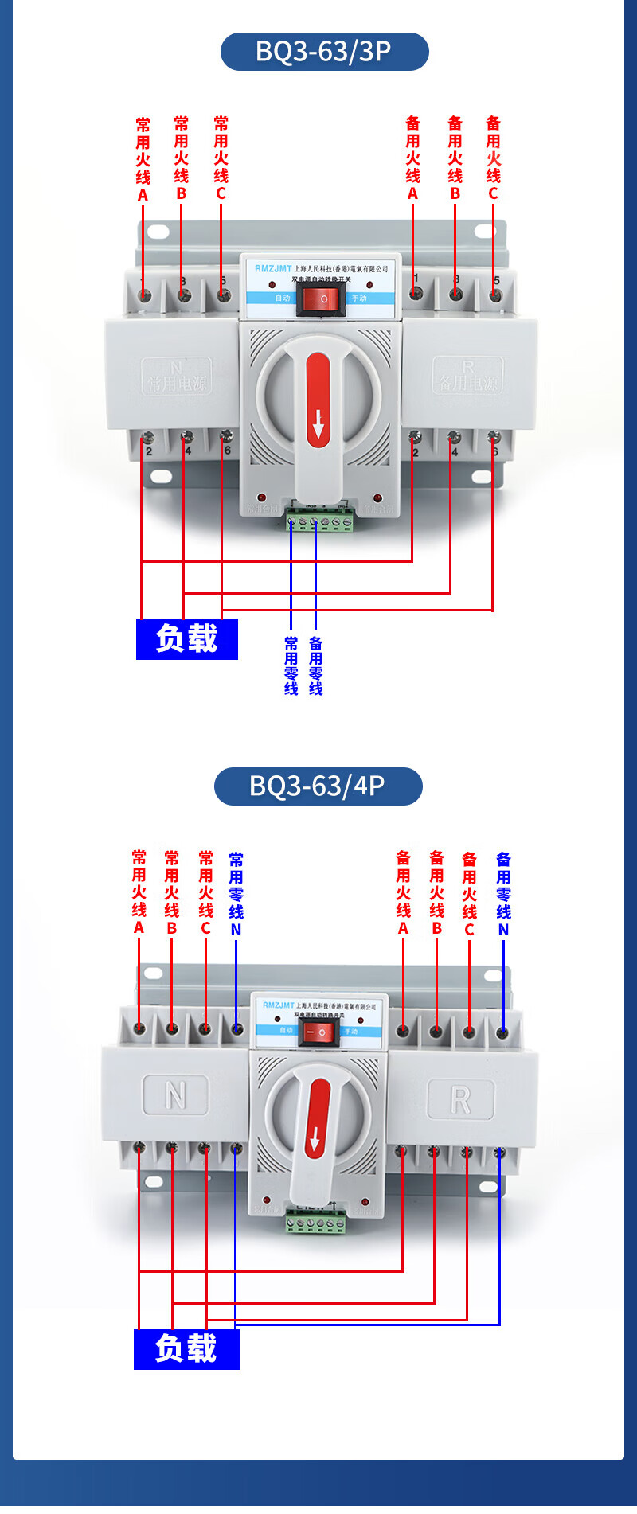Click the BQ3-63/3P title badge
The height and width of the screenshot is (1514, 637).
coord(324,52)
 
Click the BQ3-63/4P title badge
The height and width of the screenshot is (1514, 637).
coord(318,786)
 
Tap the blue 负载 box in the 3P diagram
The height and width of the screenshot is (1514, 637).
coord(187,639)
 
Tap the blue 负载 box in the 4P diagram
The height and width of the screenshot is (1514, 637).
coord(186,1348)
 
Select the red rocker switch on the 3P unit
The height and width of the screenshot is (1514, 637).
coord(322,299)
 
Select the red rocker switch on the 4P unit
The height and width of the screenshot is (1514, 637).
coord(321,1032)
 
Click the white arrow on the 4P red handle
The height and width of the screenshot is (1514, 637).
coord(315,1141)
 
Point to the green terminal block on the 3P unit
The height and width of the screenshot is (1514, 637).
coord(320,523)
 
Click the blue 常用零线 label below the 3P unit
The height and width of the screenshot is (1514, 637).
coord(291,665)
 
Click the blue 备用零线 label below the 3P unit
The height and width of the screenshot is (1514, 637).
coord(316,665)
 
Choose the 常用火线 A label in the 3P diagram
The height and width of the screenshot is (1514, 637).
coord(143,160)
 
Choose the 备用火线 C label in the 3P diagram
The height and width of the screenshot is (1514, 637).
coord(494,158)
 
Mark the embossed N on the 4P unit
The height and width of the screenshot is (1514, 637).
coord(175,1095)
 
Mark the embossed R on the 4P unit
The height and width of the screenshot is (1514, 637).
coord(460,1100)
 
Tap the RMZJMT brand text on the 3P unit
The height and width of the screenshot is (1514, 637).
coord(273,269)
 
